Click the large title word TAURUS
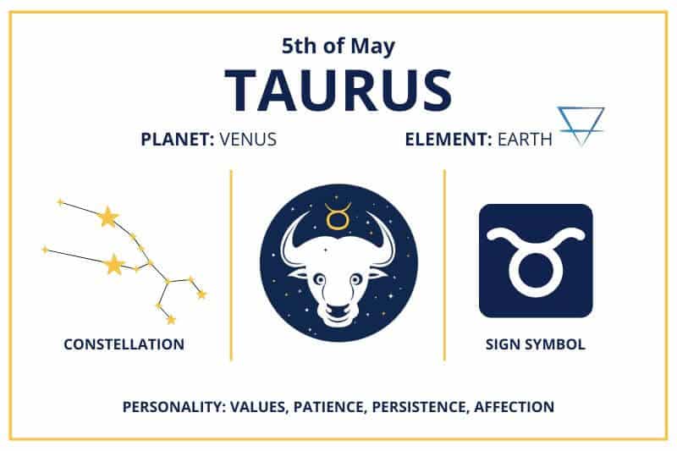[x=338, y=88]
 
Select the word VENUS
[x=248, y=140]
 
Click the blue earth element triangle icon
[x=581, y=125]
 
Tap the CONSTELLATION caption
[x=124, y=344]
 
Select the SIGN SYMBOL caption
[x=535, y=344]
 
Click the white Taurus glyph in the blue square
[x=535, y=260]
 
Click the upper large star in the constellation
[x=107, y=217]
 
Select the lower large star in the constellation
[x=113, y=266]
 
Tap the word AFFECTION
[x=515, y=407]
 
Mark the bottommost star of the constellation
[x=170, y=320]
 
